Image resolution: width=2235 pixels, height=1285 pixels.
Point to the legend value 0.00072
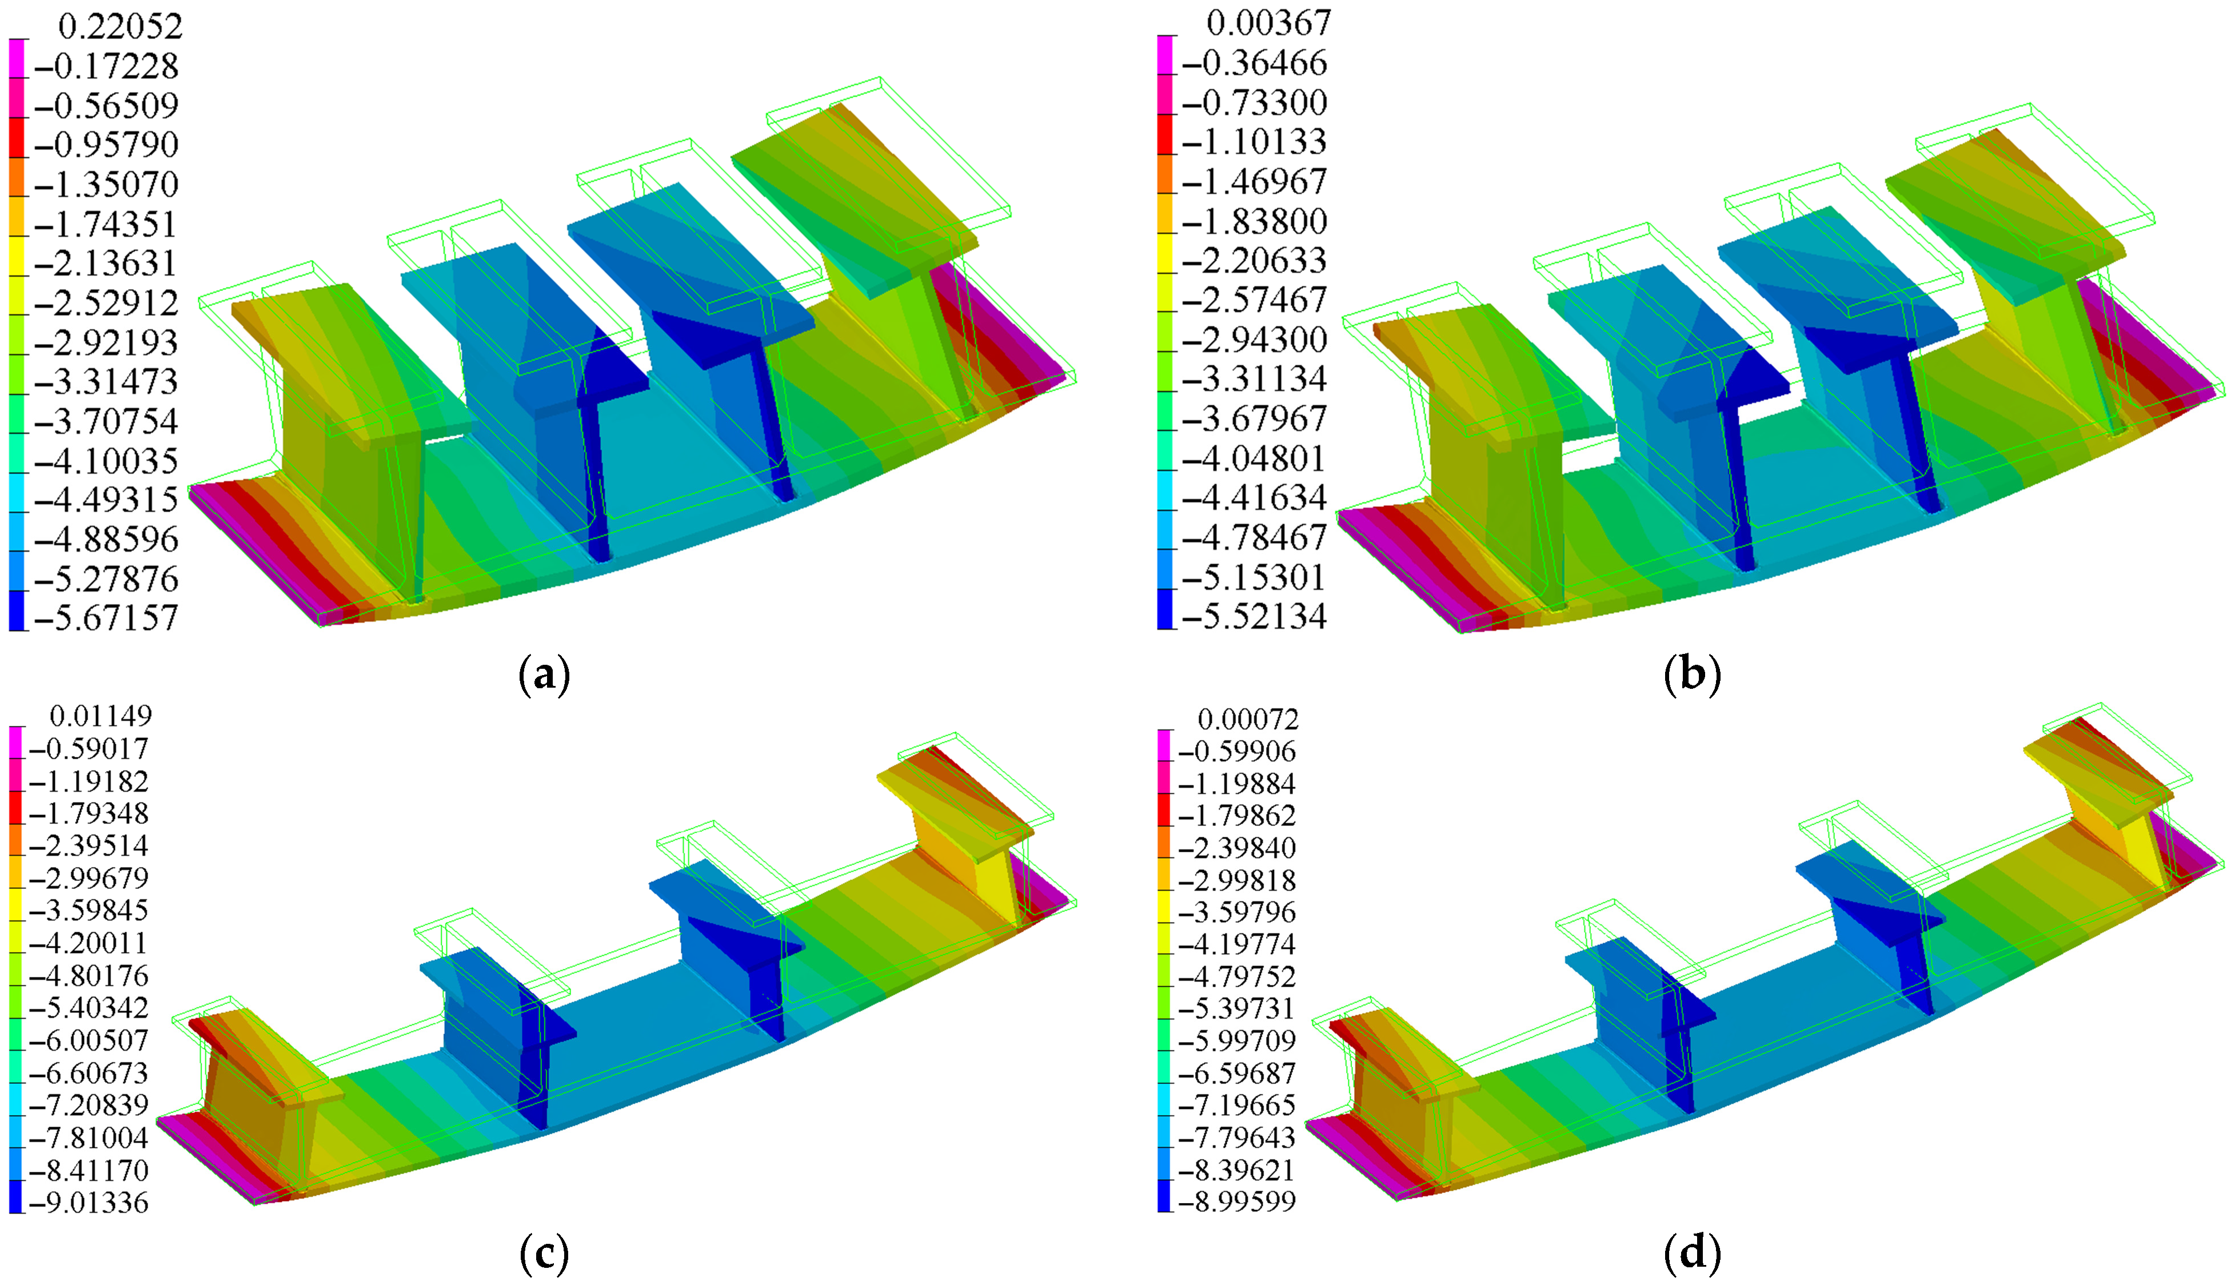(x=1248, y=719)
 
